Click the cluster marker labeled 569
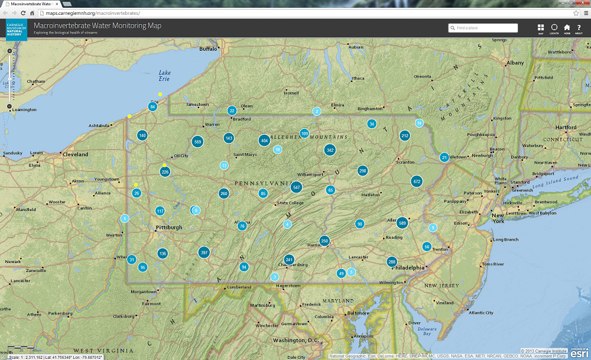(x=197, y=142)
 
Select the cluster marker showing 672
(x=417, y=181)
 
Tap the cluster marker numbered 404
(x=264, y=141)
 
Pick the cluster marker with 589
(x=402, y=223)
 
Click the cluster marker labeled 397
(x=204, y=252)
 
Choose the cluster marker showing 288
(x=392, y=262)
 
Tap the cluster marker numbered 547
(x=297, y=187)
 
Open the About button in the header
(x=579, y=29)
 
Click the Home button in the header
(x=567, y=29)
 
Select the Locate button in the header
(x=554, y=29)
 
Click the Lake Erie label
(x=164, y=76)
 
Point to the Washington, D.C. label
(x=295, y=340)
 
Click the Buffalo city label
(x=209, y=49)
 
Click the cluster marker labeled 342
(x=330, y=150)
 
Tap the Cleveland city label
(x=75, y=154)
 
